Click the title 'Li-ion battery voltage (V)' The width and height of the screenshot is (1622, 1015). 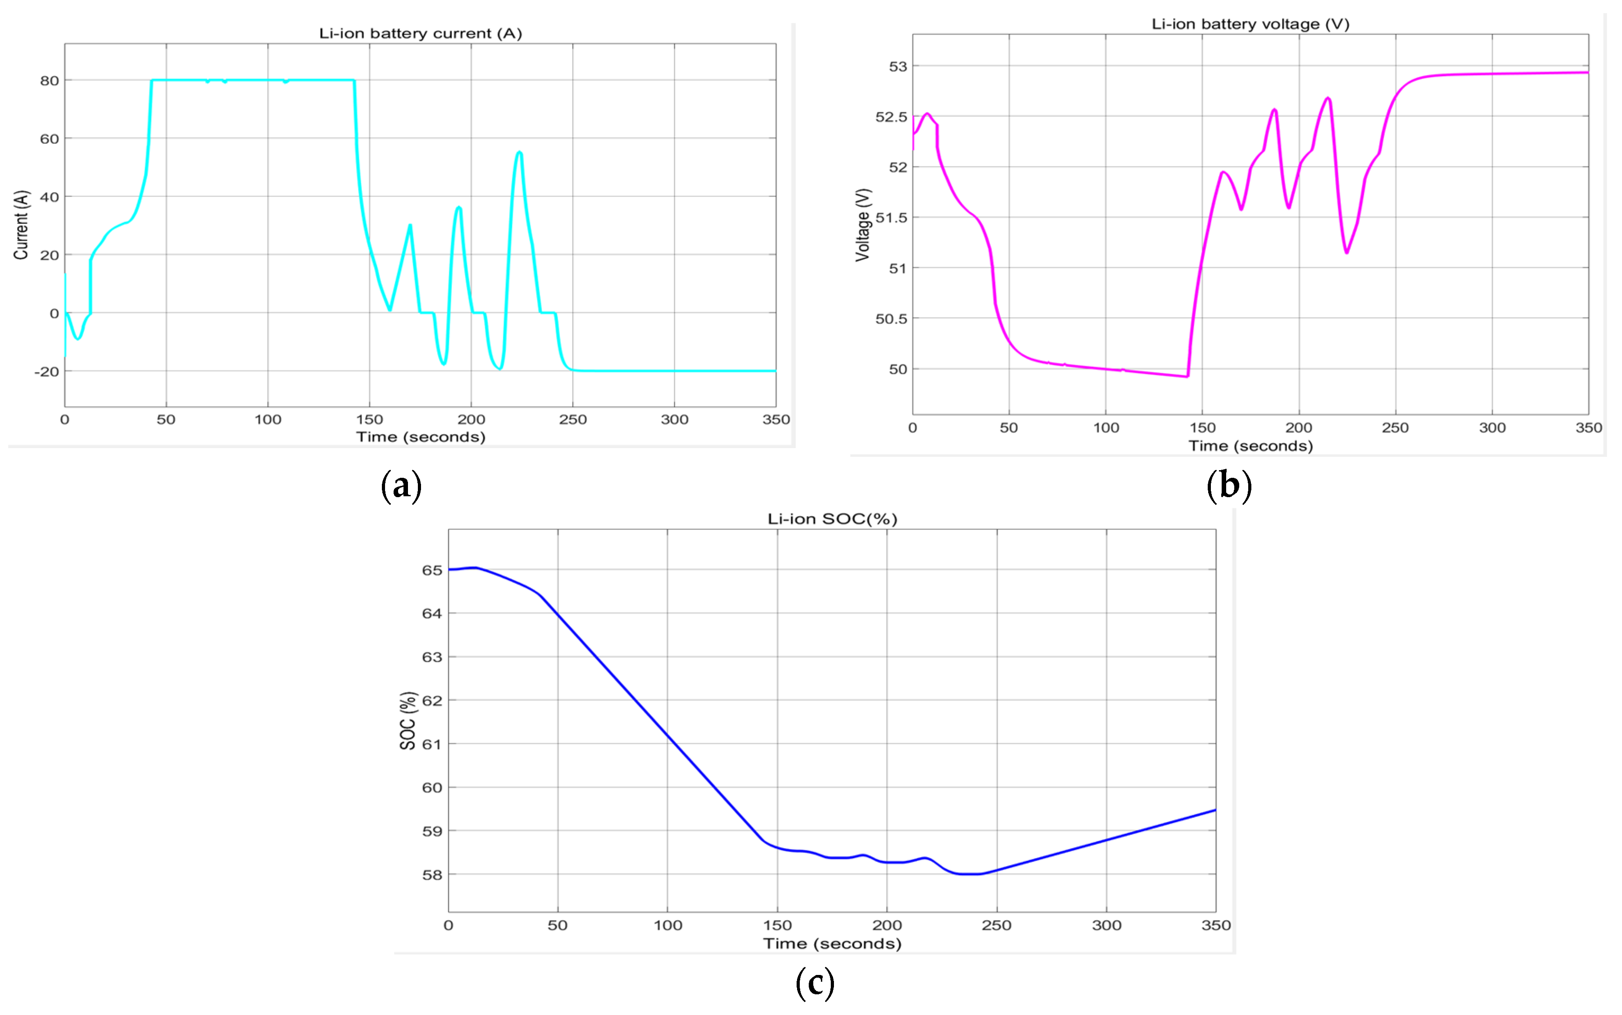point(1250,24)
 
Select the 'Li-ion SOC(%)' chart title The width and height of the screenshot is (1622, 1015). point(832,519)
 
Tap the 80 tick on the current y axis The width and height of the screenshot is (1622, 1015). point(49,81)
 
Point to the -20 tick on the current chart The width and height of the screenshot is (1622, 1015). point(47,371)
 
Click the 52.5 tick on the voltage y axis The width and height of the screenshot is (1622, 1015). point(891,117)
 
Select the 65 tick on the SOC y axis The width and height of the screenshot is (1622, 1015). point(431,570)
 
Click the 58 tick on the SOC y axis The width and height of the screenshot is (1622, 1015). point(431,875)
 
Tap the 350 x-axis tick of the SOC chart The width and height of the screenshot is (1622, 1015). point(1215,925)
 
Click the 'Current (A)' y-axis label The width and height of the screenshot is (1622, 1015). point(21,225)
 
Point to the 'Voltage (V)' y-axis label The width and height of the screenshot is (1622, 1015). point(863,225)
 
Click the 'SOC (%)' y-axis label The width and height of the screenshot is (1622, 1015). point(408,720)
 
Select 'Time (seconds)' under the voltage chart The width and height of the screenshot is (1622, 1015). point(1250,446)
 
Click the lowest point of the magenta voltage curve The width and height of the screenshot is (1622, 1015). point(1187,377)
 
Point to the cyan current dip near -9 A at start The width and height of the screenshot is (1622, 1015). point(78,338)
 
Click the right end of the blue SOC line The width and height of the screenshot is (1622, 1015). point(1214,810)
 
